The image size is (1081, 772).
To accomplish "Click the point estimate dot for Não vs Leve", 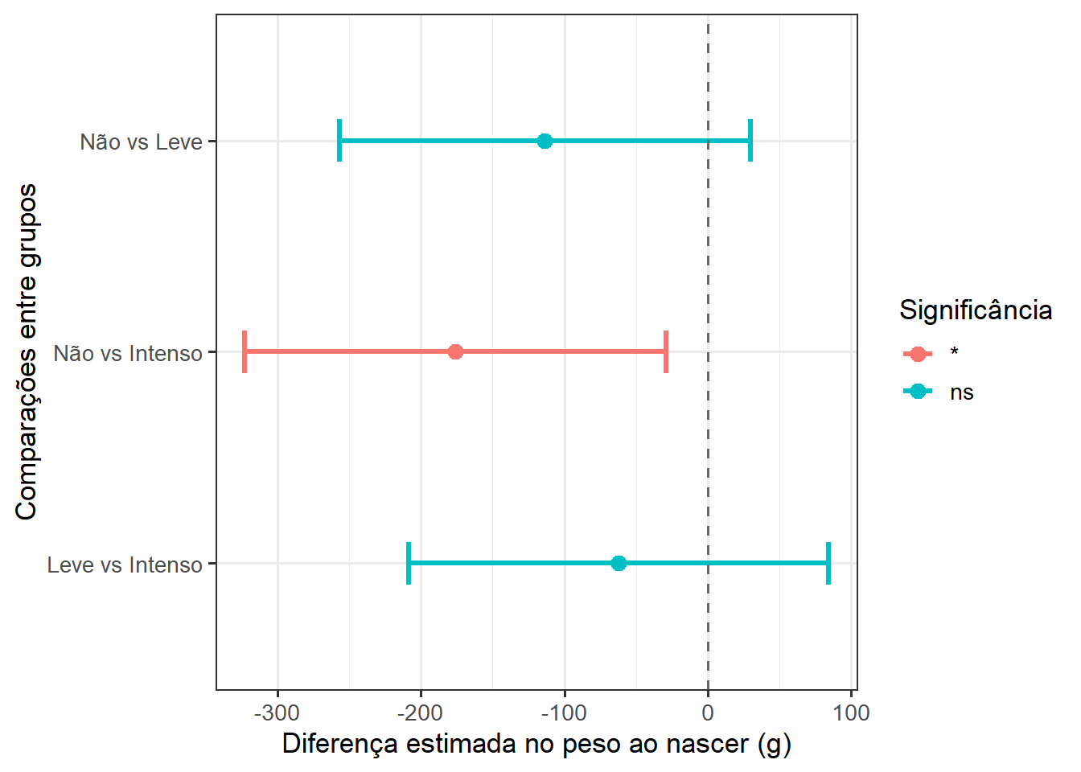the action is click(x=545, y=141).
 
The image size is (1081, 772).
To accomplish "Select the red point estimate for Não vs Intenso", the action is click(x=455, y=351).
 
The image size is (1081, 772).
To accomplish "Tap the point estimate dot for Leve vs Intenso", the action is click(x=619, y=563).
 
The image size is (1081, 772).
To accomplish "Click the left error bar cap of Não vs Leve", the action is click(x=339, y=141).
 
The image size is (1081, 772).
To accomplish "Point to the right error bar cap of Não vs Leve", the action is click(x=750, y=141).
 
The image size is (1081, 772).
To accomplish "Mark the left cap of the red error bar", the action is click(x=245, y=351).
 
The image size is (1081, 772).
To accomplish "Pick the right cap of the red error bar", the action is click(x=666, y=351).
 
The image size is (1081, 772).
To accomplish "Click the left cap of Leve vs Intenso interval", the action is click(x=409, y=563).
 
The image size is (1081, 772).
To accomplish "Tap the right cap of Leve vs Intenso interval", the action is click(x=828, y=563).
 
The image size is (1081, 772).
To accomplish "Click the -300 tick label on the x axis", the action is click(x=277, y=712).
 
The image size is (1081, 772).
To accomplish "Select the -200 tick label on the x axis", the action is click(x=421, y=712).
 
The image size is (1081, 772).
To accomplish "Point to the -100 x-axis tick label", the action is click(x=564, y=712).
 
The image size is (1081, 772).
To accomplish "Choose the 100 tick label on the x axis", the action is click(x=851, y=712).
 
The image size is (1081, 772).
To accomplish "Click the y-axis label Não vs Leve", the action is click(x=141, y=142).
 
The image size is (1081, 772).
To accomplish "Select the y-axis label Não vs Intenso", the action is click(x=128, y=353).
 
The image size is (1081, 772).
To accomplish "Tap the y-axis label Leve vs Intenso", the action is click(x=125, y=565).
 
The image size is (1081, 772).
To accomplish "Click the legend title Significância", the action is click(x=976, y=310).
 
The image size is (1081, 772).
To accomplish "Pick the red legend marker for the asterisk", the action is click(x=918, y=354).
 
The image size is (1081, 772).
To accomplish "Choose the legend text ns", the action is click(x=962, y=392).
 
